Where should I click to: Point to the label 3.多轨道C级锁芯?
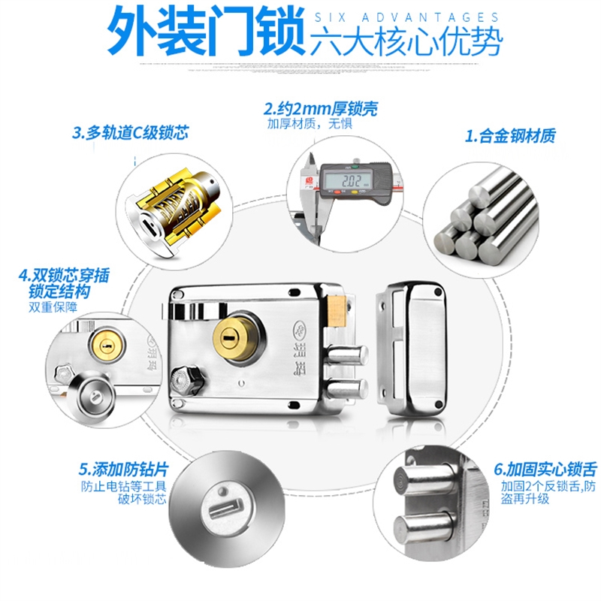(x=129, y=134)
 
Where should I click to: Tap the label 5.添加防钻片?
(x=123, y=471)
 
